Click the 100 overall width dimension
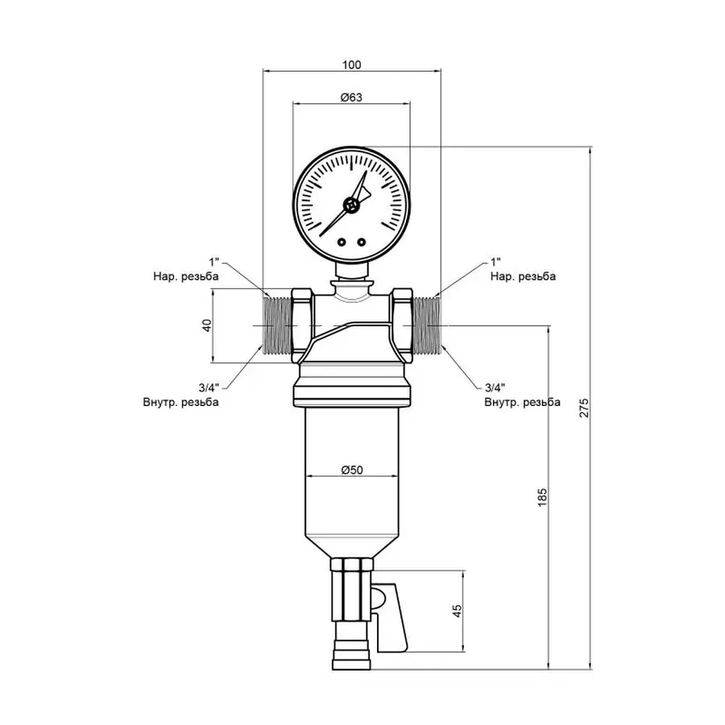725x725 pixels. (351, 64)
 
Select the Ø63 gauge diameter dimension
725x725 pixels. (351, 97)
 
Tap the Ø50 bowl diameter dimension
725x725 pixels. (351, 470)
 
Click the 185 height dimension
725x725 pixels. (541, 497)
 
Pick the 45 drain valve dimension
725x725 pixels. (457, 611)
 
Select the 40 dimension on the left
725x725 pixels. (206, 326)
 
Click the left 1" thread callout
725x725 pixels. (214, 263)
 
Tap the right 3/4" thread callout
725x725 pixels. (497, 387)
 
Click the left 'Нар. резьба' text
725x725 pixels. (186, 276)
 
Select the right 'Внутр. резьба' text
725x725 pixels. (522, 401)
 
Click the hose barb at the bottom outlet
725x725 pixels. (351, 651)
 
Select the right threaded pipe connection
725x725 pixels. (425, 326)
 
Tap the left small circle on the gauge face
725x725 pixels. (342, 242)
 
